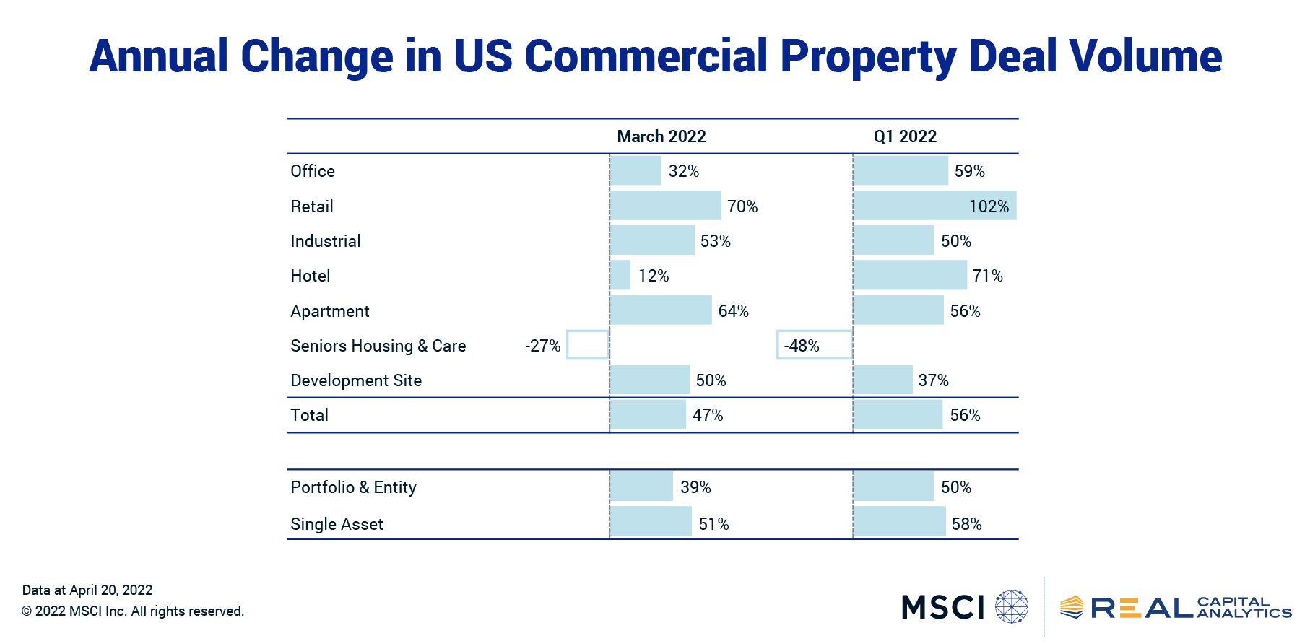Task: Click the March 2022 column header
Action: [661, 136]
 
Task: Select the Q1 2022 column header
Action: [904, 136]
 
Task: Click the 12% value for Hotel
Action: [653, 276]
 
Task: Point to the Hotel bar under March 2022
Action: [620, 275]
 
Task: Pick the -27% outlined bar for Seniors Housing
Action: [587, 345]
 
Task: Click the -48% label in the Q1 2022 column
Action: [802, 346]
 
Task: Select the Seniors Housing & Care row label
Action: [378, 346]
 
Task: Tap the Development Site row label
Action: [356, 380]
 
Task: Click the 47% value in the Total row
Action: [707, 415]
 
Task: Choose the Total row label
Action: [309, 415]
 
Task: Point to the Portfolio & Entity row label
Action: [353, 487]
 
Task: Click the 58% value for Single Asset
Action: [966, 524]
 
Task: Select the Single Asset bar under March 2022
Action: [651, 521]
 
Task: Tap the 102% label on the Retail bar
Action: [988, 206]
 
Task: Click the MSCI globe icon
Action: [1011, 606]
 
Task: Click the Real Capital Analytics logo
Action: [1175, 608]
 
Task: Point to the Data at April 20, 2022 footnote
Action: [87, 590]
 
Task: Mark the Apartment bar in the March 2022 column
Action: [661, 310]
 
